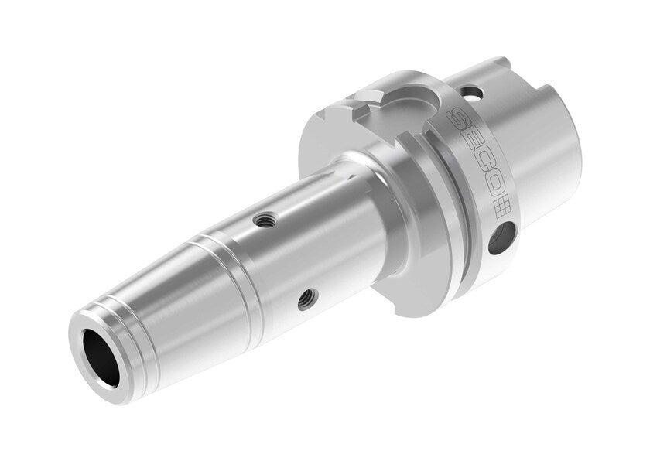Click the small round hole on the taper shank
pos(474,94)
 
